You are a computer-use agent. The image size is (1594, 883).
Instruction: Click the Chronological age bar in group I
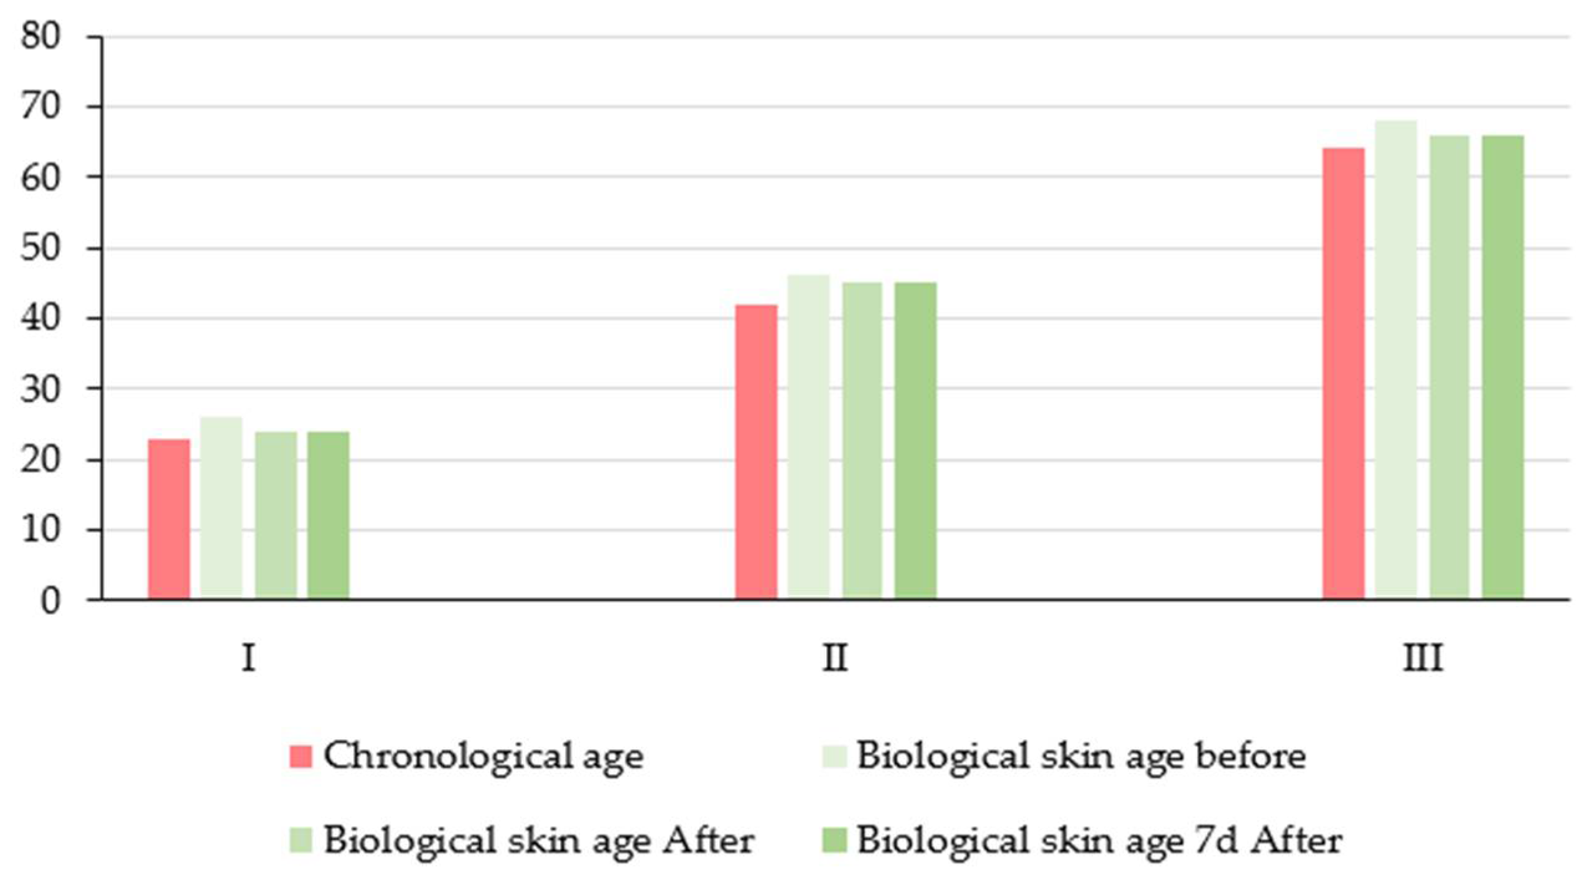(x=169, y=519)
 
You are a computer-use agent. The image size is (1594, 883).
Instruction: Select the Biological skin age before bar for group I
(x=221, y=508)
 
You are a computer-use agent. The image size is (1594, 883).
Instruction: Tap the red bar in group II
(x=756, y=452)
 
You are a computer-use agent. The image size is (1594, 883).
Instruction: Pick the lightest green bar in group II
(x=808, y=437)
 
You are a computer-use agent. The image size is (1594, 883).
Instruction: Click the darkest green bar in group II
(x=915, y=441)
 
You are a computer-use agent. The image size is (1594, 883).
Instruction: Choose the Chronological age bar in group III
(x=1343, y=373)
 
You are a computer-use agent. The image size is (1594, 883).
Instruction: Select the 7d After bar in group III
(x=1503, y=367)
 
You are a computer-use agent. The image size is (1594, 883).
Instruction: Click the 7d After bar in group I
(x=328, y=515)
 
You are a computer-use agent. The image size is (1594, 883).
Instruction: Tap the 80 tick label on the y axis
(x=41, y=37)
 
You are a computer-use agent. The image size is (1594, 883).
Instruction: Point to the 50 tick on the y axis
(x=41, y=248)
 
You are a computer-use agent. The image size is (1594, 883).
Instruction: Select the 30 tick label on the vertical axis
(x=41, y=389)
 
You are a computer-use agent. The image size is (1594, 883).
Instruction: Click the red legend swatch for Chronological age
(x=301, y=757)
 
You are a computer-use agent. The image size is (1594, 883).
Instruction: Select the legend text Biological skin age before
(x=1081, y=757)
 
